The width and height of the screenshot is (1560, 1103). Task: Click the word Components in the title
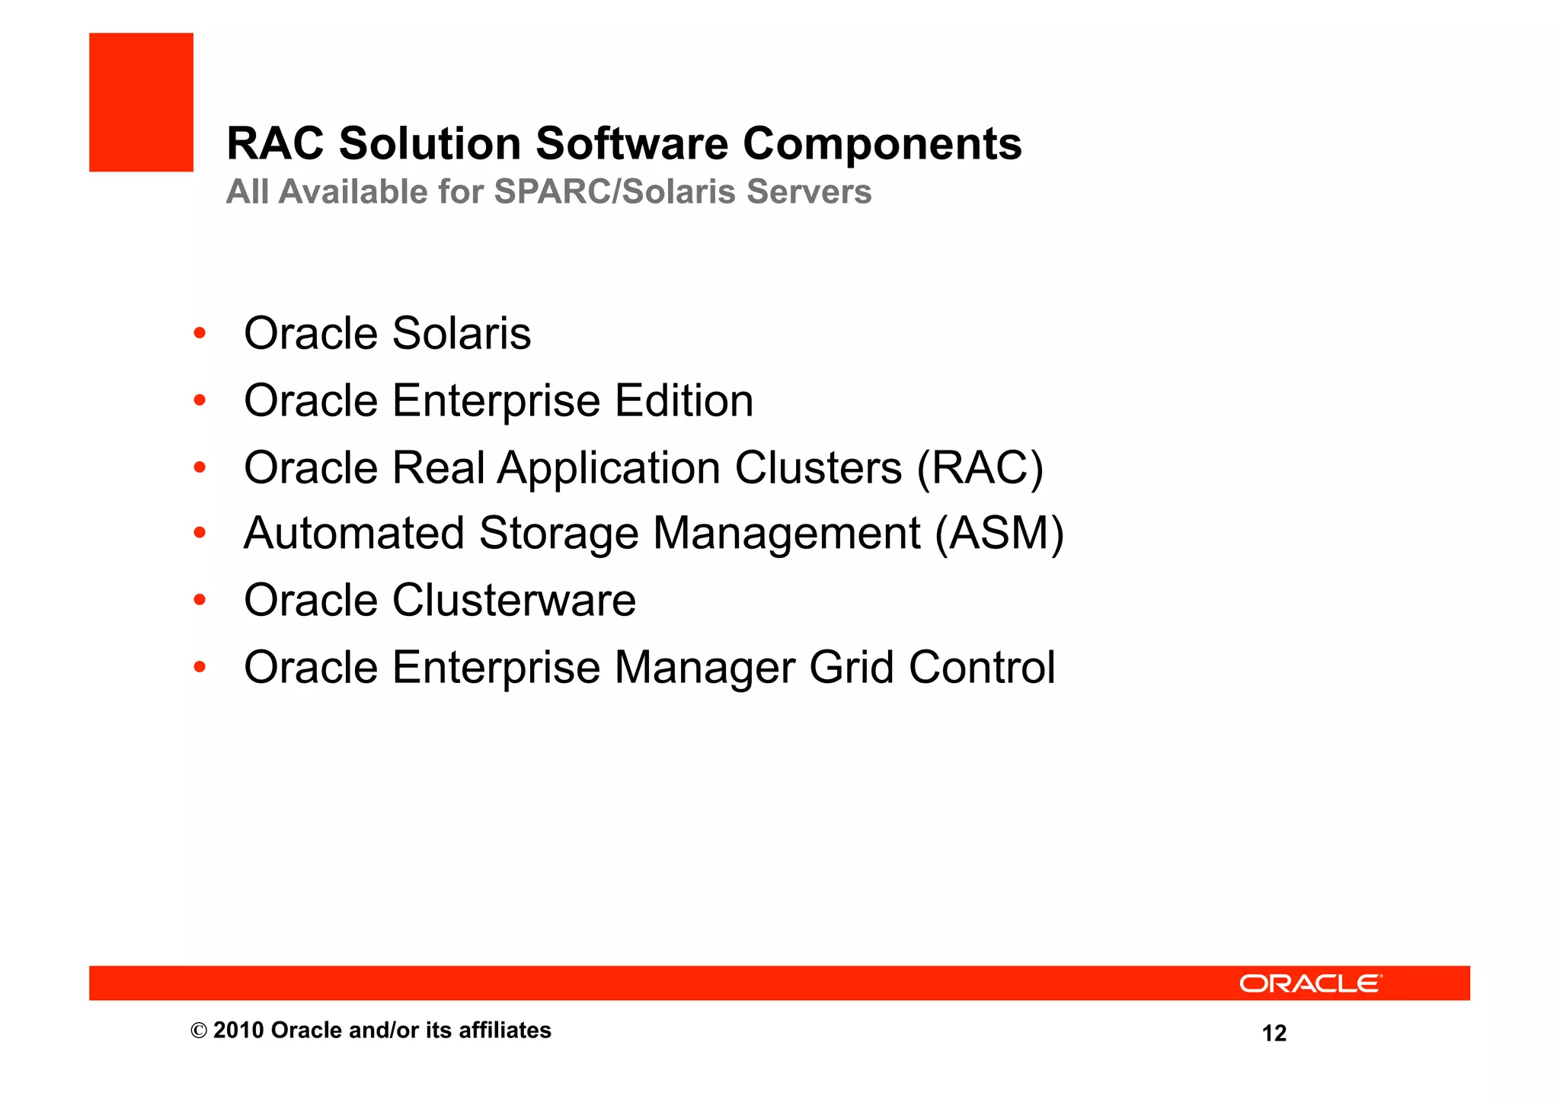881,144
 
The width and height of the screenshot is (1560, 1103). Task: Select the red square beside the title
141,102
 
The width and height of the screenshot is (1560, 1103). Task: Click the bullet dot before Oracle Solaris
200,333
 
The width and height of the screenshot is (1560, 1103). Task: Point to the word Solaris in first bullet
461,334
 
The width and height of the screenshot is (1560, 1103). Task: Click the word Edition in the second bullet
683,401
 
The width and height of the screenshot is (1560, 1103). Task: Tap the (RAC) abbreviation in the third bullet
980,467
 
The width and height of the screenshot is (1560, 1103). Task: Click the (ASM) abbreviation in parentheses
999,534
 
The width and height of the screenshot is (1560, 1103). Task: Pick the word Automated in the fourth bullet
353,534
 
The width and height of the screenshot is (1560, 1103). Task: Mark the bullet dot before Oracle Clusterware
200,600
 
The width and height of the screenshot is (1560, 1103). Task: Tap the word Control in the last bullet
981,668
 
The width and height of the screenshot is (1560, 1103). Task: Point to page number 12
1274,1034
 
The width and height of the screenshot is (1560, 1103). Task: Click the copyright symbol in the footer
198,1031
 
